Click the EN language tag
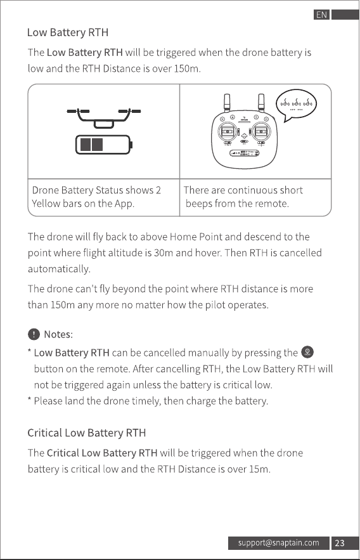click(x=321, y=15)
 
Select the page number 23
click(x=340, y=543)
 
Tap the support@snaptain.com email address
click(x=279, y=543)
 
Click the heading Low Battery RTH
click(x=68, y=32)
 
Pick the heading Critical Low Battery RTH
click(x=87, y=433)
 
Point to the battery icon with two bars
click(x=104, y=145)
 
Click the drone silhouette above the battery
click(x=104, y=118)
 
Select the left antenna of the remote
click(x=227, y=103)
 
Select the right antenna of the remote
click(x=261, y=103)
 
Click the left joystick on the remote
click(x=228, y=131)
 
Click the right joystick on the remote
click(x=261, y=131)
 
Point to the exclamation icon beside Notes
click(x=34, y=334)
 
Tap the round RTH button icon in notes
click(x=307, y=352)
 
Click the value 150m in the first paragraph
click(x=187, y=68)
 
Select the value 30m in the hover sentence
click(x=164, y=253)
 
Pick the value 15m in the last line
click(x=259, y=469)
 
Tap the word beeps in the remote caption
click(x=199, y=204)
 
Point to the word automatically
click(x=59, y=269)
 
